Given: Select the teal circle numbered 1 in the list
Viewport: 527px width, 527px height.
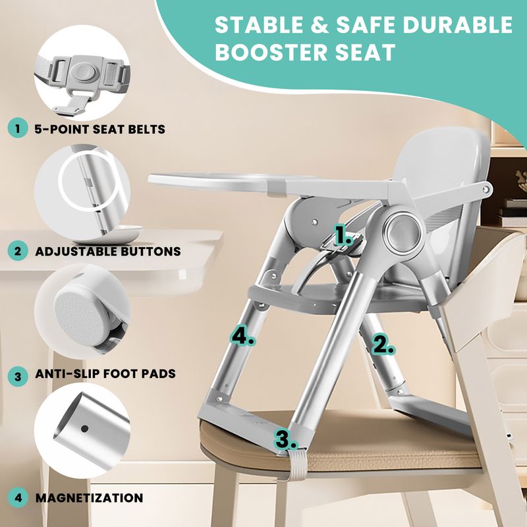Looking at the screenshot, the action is click(x=17, y=129).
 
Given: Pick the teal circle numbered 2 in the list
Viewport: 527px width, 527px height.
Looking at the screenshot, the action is click(x=17, y=251).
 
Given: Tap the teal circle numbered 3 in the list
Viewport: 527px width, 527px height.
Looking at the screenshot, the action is click(x=17, y=375).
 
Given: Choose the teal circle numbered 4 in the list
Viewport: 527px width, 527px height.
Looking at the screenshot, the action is click(x=17, y=498).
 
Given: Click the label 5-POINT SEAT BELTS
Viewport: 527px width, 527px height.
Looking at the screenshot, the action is click(x=100, y=129).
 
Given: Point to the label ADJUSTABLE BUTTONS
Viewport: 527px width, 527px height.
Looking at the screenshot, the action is click(x=108, y=252).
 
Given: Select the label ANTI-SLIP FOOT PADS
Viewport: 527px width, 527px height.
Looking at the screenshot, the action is click(x=105, y=374).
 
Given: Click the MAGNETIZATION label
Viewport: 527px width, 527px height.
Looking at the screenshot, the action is click(x=89, y=498).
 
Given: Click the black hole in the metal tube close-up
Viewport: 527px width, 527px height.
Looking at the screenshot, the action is click(x=85, y=429).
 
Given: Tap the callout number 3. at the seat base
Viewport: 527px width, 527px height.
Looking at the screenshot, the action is click(x=286, y=439).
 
